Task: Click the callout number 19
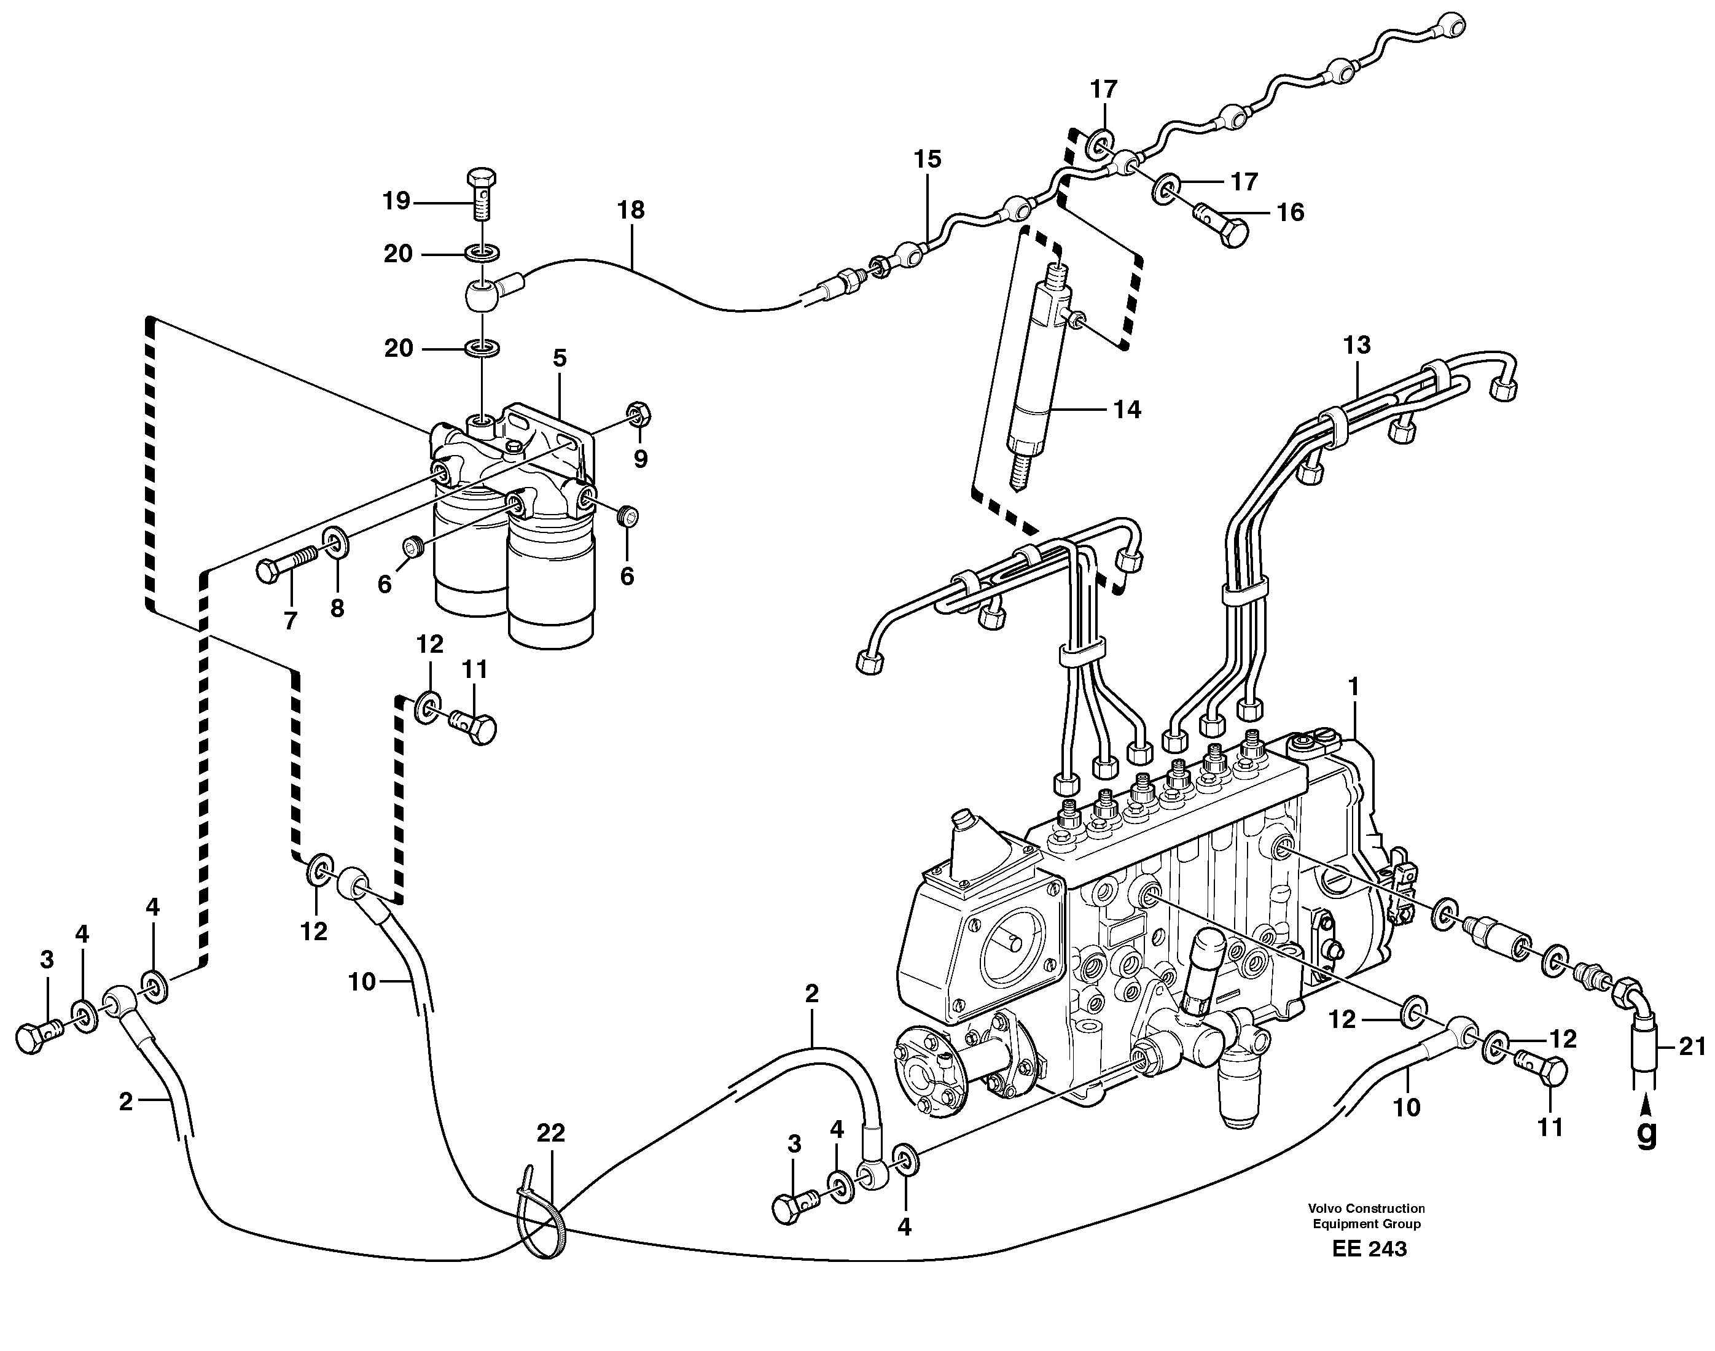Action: (396, 201)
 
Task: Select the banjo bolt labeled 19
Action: (480, 192)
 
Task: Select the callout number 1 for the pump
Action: (1353, 687)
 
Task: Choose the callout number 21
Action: (1692, 1047)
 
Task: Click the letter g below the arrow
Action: (1647, 1134)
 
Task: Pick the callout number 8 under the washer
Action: (337, 609)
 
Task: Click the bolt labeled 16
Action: (1222, 228)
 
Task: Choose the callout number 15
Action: (928, 159)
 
